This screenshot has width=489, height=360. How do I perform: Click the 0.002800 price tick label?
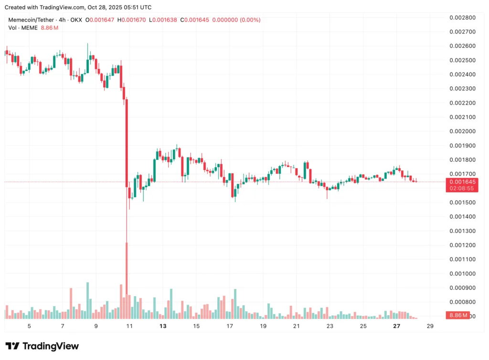(462, 18)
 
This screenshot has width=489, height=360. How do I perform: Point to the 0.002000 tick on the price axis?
(462, 131)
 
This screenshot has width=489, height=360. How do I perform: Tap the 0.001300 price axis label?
(462, 231)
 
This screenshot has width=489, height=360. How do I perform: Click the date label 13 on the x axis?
(163, 326)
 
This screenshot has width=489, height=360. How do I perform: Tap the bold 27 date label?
(396, 326)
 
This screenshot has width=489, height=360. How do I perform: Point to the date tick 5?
(30, 326)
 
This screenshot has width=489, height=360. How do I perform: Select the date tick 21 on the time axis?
(296, 326)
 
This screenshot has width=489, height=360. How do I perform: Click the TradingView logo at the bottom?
(42, 346)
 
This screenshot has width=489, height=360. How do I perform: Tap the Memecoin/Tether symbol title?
(32, 20)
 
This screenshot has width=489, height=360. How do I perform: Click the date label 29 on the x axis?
(430, 326)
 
